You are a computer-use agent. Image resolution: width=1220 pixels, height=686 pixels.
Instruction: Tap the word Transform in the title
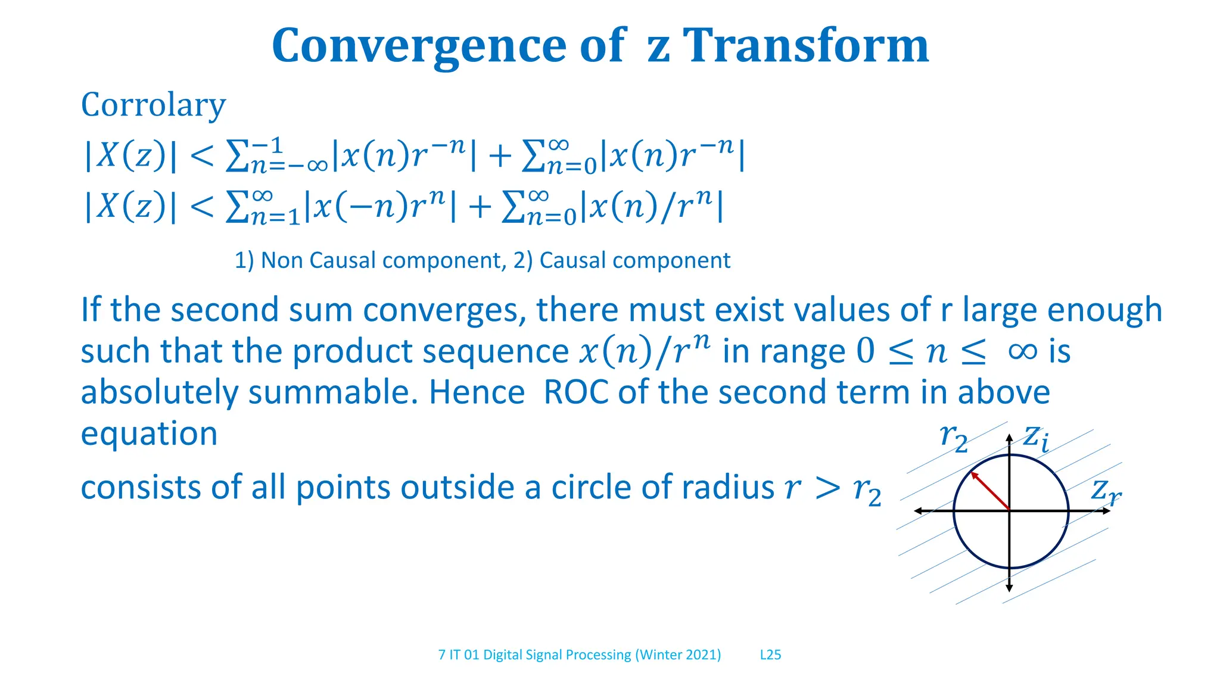pyautogui.click(x=805, y=46)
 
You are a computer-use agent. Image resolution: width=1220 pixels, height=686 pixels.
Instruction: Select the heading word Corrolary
pyautogui.click(x=153, y=105)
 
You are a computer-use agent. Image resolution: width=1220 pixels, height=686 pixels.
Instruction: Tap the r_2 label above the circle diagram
pyautogui.click(x=953, y=438)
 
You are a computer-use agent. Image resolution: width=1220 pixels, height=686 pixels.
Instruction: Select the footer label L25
pyautogui.click(x=770, y=654)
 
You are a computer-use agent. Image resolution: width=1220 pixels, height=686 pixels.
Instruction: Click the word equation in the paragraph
pyautogui.click(x=149, y=434)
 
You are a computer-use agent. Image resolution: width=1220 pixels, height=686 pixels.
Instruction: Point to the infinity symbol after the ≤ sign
pyautogui.click(x=1022, y=351)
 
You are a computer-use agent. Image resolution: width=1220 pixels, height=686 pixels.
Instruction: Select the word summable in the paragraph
pyautogui.click(x=333, y=392)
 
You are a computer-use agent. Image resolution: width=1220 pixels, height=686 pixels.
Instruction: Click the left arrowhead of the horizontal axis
pyautogui.click(x=919, y=511)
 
